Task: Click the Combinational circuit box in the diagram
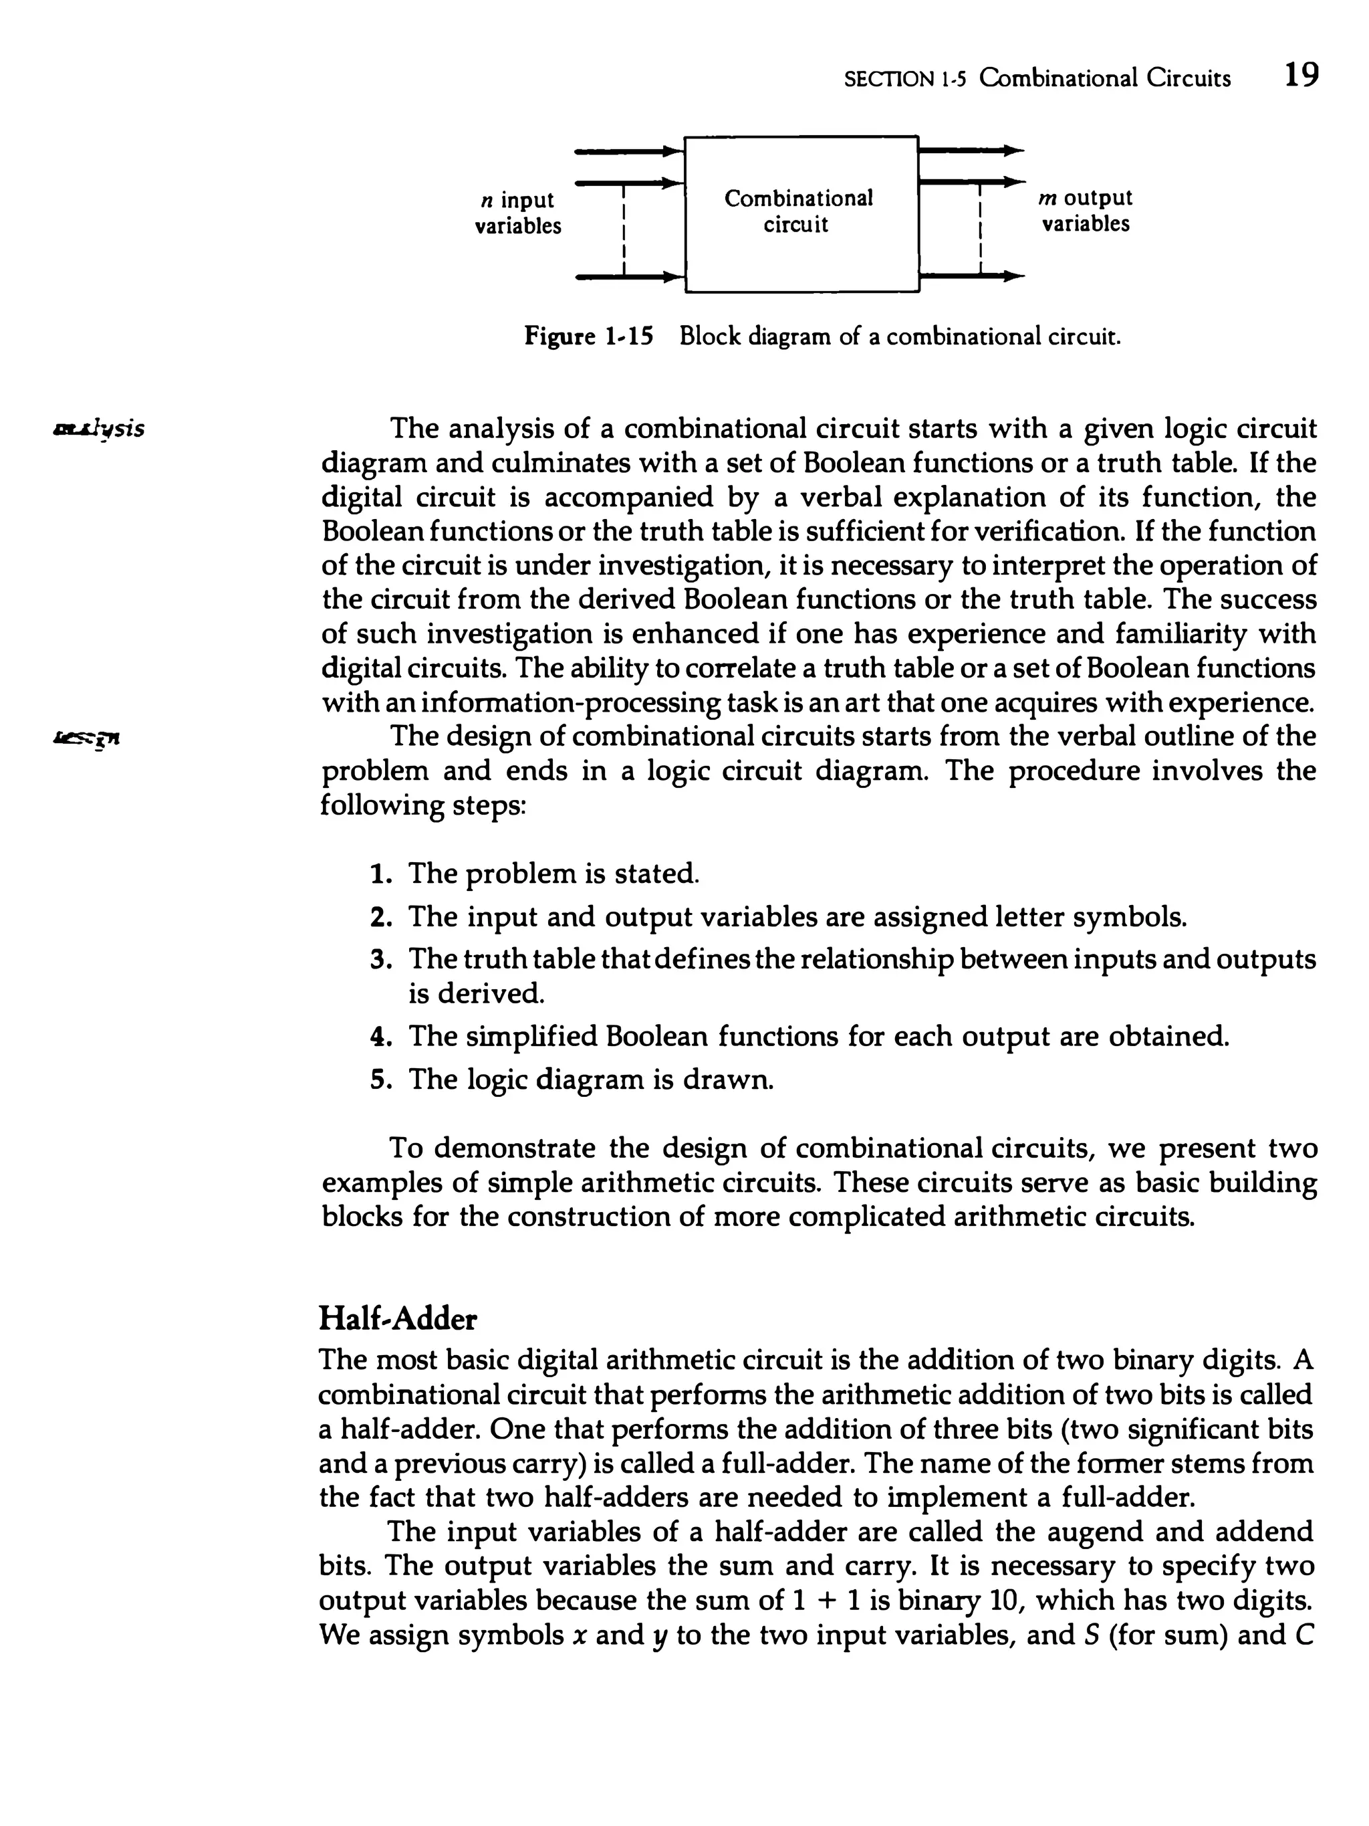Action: pyautogui.click(x=800, y=213)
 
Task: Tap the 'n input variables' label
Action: pyautogui.click(x=517, y=213)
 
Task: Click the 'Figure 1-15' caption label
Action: pyautogui.click(x=588, y=337)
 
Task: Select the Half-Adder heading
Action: pyautogui.click(x=398, y=1319)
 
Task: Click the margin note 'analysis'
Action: pyautogui.click(x=98, y=429)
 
